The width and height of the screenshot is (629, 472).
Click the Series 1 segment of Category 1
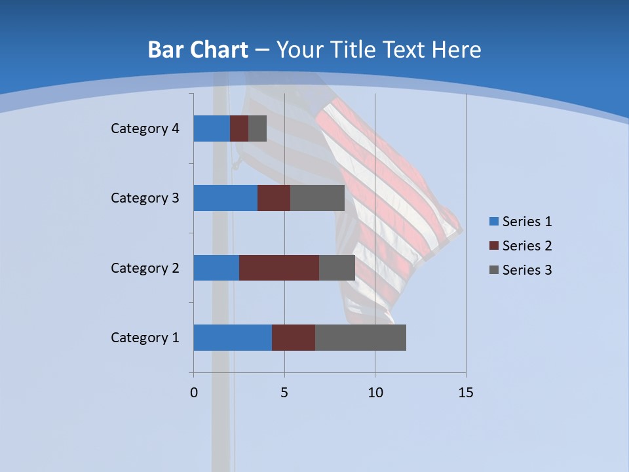(x=233, y=338)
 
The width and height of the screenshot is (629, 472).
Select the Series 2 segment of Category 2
(x=279, y=267)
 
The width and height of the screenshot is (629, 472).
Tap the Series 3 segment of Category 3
(x=317, y=198)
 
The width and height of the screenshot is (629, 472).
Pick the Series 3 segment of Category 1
(x=360, y=338)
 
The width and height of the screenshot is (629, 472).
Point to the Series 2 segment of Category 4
(x=239, y=128)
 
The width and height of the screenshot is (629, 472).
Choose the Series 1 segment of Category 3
(x=225, y=198)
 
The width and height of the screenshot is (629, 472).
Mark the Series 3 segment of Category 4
(x=257, y=128)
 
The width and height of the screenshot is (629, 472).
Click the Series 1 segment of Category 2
(x=216, y=267)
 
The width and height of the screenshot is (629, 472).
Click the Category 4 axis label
(x=145, y=128)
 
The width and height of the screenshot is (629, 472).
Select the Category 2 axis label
(x=145, y=267)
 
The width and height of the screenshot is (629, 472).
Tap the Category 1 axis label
(x=145, y=338)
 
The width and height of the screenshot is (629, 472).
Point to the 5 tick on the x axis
(x=284, y=393)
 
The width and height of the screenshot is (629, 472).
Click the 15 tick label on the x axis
(x=466, y=393)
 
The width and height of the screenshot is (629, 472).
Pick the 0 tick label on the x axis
(x=193, y=393)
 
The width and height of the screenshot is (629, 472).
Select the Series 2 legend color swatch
(x=493, y=246)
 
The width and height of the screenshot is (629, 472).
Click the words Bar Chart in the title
(x=198, y=50)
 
